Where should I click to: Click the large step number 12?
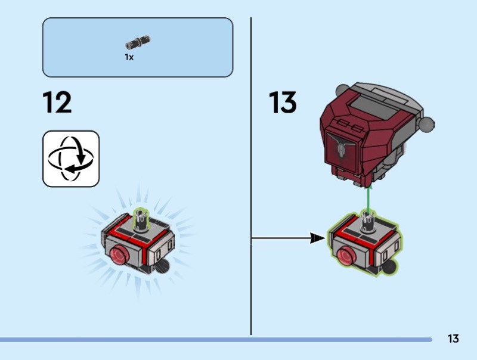tap(57, 103)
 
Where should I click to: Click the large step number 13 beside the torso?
tap(283, 103)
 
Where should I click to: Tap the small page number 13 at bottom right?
tap(453, 339)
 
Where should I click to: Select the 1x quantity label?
tap(129, 57)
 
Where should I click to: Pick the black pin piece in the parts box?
tap(138, 42)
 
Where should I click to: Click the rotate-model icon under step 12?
tap(71, 159)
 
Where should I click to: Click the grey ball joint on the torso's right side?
tap(426, 123)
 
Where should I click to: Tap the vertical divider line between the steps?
tap(251, 179)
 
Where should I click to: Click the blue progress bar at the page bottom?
tap(215, 340)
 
